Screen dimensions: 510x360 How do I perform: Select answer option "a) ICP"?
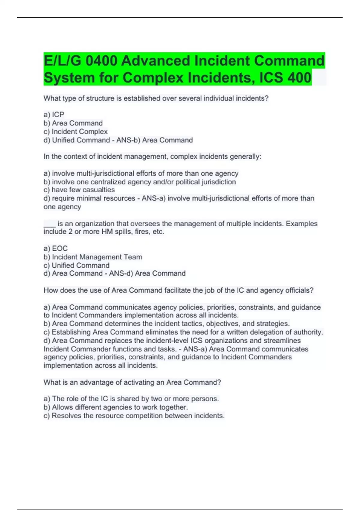click(x=54, y=115)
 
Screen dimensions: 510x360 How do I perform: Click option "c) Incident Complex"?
click(x=76, y=132)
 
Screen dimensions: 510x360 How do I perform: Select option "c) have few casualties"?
click(x=79, y=190)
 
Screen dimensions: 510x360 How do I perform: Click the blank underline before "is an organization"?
click(x=49, y=224)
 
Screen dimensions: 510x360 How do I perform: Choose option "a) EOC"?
click(x=56, y=248)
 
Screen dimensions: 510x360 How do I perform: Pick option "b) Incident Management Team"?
click(x=93, y=257)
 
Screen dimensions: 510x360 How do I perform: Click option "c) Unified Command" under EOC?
click(x=76, y=265)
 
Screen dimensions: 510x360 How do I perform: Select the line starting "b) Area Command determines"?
click(x=166, y=324)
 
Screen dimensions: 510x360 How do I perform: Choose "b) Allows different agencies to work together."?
click(x=116, y=407)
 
